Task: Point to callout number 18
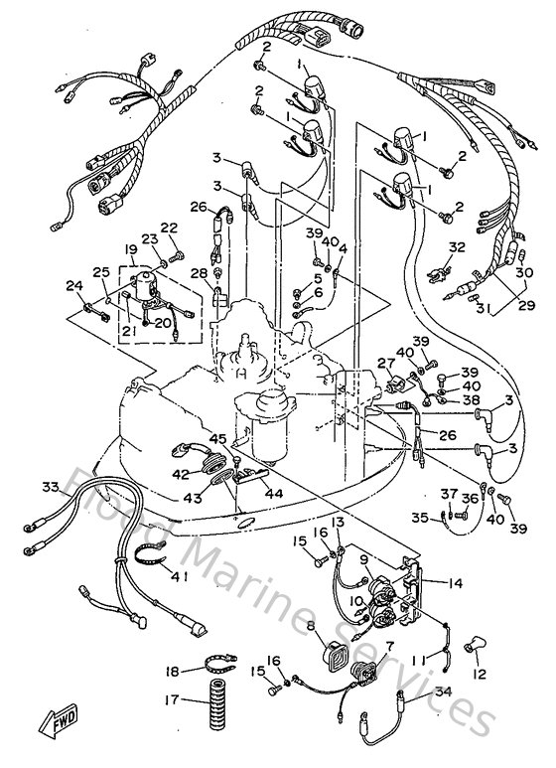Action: click(171, 671)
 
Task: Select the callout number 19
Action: click(130, 248)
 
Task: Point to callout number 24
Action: click(74, 287)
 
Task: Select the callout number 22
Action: click(170, 228)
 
